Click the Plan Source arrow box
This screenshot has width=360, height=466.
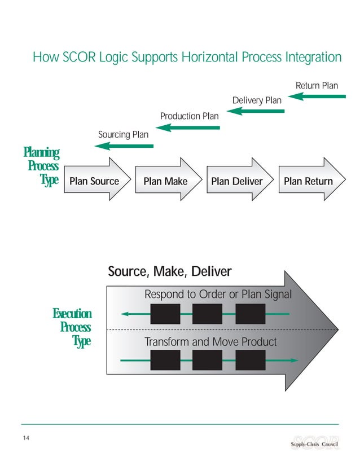click(x=94, y=181)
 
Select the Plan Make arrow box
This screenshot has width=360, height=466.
click(x=165, y=181)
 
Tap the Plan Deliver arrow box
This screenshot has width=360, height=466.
click(x=236, y=181)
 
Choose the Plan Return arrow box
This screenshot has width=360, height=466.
click(x=308, y=181)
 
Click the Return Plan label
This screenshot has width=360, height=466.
click(x=317, y=86)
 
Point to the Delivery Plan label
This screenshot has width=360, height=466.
click(x=257, y=100)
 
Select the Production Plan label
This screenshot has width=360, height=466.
click(x=189, y=116)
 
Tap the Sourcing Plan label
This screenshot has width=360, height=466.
click(x=123, y=134)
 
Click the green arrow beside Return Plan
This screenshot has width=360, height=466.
click(x=320, y=96)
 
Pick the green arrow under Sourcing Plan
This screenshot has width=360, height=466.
click(x=124, y=146)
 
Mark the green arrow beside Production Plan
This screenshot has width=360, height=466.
click(x=188, y=128)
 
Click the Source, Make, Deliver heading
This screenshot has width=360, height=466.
click(x=169, y=272)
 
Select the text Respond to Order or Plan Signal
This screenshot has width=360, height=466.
click(x=218, y=294)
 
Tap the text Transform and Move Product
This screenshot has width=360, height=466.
click(x=210, y=342)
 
